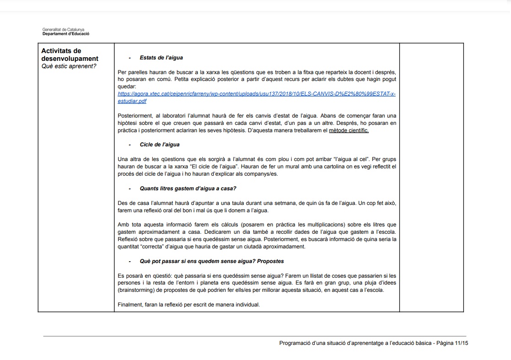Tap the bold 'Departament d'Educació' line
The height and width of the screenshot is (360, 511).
coord(66,34)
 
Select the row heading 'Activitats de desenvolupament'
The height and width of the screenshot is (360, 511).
coord(70,54)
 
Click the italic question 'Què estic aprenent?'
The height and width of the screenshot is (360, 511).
coord(69,66)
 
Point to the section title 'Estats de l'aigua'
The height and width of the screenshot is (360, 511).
coord(161,58)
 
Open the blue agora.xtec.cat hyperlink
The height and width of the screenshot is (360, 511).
coord(256,94)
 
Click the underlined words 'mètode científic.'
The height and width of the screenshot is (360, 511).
coord(349,130)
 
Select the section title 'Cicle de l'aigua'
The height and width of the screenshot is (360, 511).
coord(159,145)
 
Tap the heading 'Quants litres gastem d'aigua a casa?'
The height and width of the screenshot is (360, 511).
coord(188,188)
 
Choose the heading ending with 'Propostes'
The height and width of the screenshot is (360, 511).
coord(211,261)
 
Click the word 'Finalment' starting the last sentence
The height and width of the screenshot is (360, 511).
coord(130,304)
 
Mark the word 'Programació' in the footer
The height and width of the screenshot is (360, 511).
coord(294,343)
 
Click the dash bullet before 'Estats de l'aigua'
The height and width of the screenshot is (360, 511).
coord(130,58)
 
